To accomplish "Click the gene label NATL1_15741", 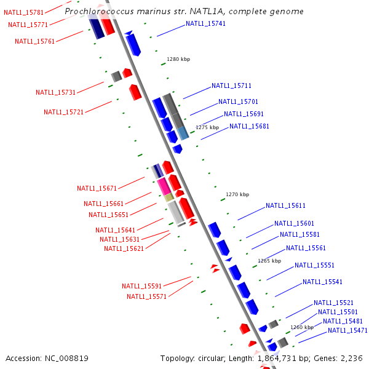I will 205,23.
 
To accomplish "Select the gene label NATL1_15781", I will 23,12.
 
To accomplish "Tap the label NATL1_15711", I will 231,85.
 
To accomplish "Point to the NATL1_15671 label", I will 97,188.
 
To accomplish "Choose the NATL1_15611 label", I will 285,205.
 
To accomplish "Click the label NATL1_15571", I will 146,296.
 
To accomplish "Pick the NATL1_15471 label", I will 347,330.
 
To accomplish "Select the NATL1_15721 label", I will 63,112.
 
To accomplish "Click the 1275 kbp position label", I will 207,127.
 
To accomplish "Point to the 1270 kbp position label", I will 237,194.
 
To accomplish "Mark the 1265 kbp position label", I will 269,261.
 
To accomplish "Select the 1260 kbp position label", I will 302,327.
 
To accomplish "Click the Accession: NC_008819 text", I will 47,358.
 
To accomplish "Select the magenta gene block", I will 163,186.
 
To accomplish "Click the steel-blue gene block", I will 183,133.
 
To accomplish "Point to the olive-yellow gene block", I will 169,197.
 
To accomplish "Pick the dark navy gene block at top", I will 96,28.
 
